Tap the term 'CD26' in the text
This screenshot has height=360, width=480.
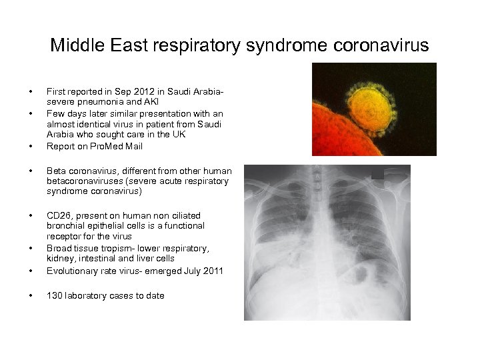pos(58,215)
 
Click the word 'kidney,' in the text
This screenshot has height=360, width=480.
pos(61,258)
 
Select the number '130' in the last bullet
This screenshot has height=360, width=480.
pos(55,295)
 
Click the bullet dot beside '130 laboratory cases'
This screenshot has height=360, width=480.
pos(31,295)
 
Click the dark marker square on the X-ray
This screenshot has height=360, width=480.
pos(378,173)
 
